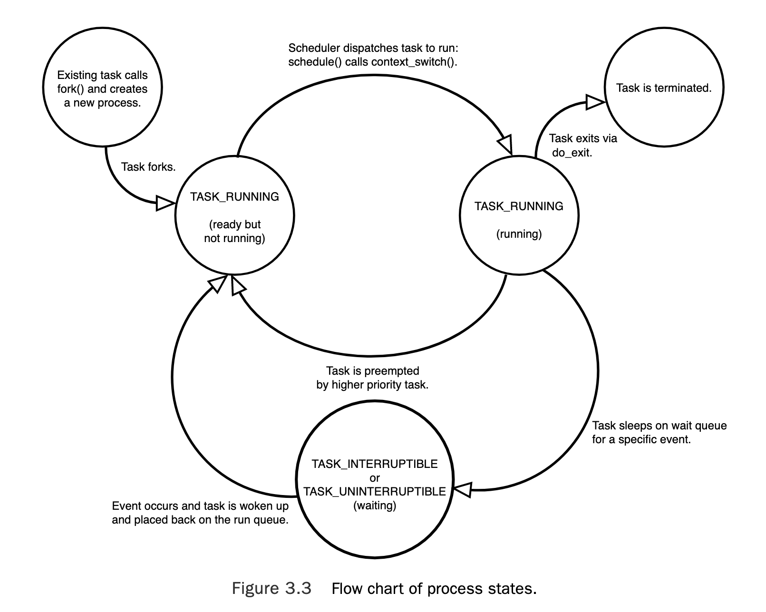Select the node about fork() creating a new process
[102, 88]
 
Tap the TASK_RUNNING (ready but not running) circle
[234, 216]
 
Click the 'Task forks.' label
[148, 167]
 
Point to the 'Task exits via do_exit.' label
[582, 146]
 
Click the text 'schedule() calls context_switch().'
[372, 62]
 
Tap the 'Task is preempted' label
[372, 371]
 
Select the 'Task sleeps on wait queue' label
[659, 426]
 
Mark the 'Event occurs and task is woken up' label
[200, 506]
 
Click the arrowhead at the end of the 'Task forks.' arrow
[165, 204]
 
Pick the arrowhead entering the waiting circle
[462, 489]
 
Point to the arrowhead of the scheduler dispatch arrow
[505, 144]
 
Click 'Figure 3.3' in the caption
[271, 589]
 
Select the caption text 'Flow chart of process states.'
[434, 589]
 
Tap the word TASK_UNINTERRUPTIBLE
[375, 492]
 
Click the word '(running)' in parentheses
[519, 234]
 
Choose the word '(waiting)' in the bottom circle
[375, 505]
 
